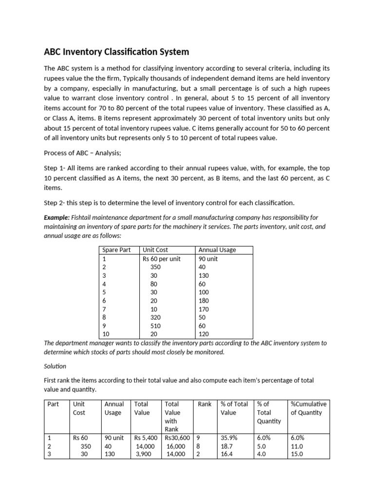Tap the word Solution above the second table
click(x=55, y=365)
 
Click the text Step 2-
click(x=55, y=202)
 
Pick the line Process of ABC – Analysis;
click(x=82, y=153)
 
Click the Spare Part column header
click(x=116, y=250)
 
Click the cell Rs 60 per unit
click(x=161, y=259)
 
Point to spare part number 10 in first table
click(x=106, y=334)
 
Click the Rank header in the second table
click(x=205, y=404)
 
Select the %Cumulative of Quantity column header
click(x=308, y=408)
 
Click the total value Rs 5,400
click(x=146, y=438)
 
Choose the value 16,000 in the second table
click(x=176, y=446)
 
